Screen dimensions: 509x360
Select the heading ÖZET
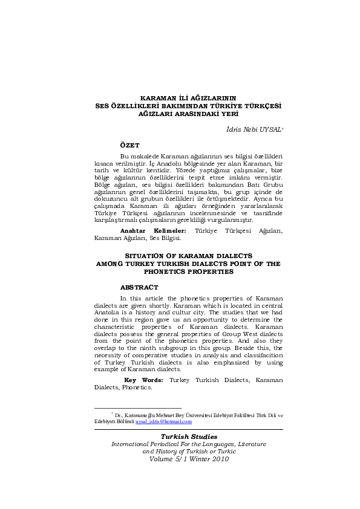[130, 146]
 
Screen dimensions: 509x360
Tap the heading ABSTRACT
[139, 287]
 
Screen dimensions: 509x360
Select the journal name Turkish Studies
[188, 436]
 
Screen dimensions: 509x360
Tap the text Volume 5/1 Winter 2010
[189, 458]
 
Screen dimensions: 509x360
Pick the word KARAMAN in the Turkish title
[158, 97]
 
